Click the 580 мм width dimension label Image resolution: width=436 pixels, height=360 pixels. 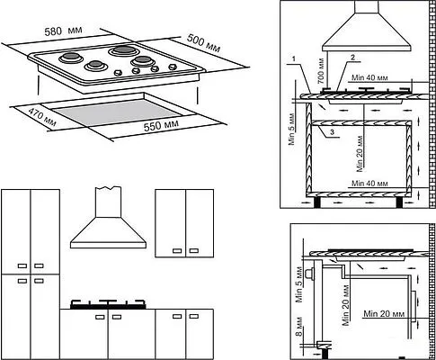(x=63, y=31)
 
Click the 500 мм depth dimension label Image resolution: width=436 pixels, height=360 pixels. (x=204, y=43)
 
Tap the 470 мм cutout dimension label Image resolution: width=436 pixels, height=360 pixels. (x=42, y=117)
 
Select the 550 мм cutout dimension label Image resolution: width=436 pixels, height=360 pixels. (x=161, y=125)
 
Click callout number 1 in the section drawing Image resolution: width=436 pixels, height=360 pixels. (x=294, y=59)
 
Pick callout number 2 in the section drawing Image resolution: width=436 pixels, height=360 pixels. (x=352, y=58)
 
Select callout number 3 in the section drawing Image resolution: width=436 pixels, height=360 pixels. (x=332, y=131)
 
